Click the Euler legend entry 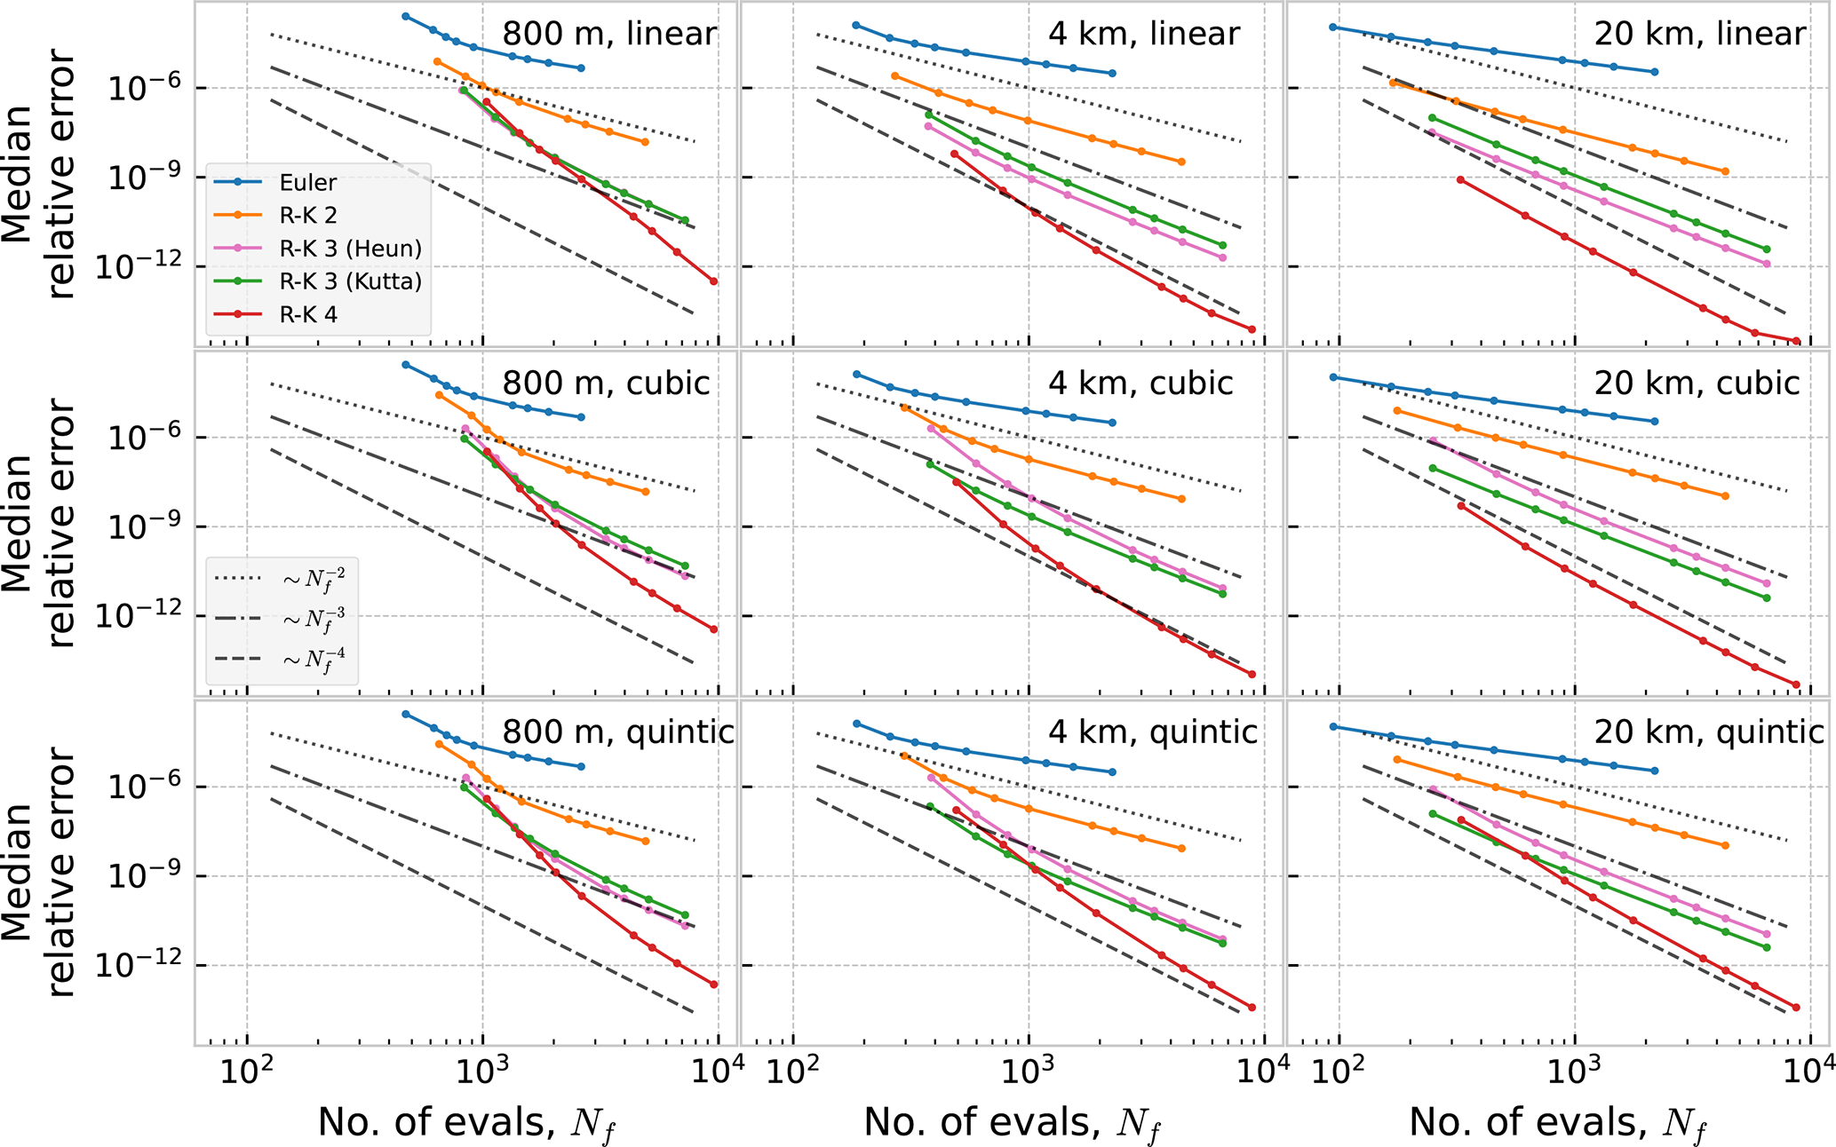pos(307,183)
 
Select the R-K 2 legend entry pos(307,216)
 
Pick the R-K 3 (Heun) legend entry pos(350,249)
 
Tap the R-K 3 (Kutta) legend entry pos(350,281)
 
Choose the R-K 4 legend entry pos(307,314)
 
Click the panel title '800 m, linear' pos(609,34)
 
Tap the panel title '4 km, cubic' pos(1141,383)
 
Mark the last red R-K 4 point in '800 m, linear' pos(713,281)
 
